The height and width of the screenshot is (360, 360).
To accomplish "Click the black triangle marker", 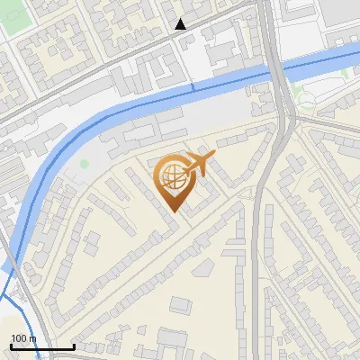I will (181, 24).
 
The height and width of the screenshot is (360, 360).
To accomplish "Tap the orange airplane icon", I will (199, 165).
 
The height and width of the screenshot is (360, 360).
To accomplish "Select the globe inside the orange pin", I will (172, 178).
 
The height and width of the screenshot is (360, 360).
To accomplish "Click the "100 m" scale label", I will (24, 338).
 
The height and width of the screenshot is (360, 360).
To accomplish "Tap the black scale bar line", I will (42, 346).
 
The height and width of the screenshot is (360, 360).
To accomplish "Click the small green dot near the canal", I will (85, 164).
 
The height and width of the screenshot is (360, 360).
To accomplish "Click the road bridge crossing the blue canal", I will (279, 67).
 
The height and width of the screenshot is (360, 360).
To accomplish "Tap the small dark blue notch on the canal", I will (192, 87).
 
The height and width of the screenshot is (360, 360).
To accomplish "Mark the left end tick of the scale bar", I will (11, 346).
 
